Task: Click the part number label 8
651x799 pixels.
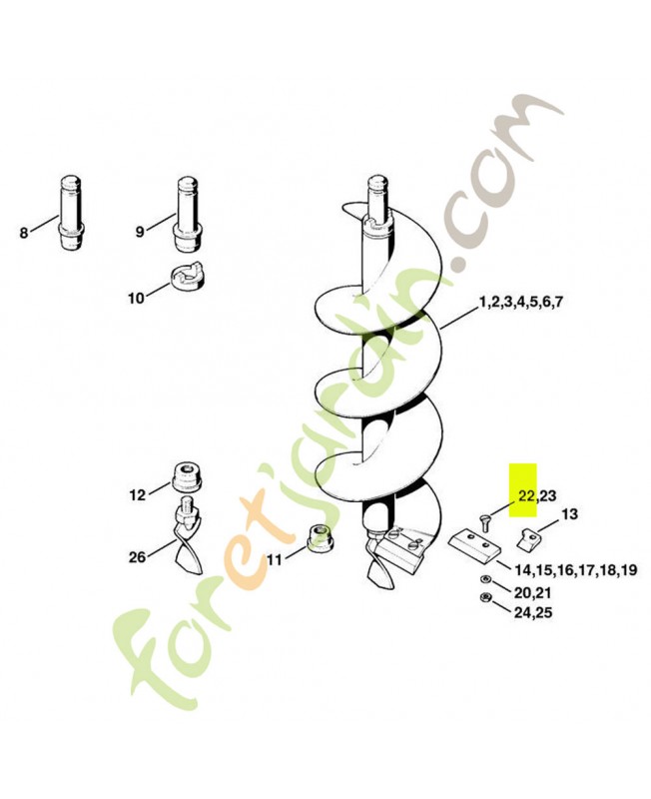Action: pyautogui.click(x=24, y=234)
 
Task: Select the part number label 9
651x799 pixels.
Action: pyautogui.click(x=140, y=232)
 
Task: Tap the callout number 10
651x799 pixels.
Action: pyautogui.click(x=136, y=298)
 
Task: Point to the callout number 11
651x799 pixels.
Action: pyautogui.click(x=274, y=560)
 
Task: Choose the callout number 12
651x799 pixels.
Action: pyautogui.click(x=137, y=494)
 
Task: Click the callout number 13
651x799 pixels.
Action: pyautogui.click(x=569, y=514)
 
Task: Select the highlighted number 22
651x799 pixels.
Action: pyautogui.click(x=526, y=495)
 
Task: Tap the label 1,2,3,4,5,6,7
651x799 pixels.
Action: pyautogui.click(x=520, y=303)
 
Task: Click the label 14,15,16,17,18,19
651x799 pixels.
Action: pyautogui.click(x=575, y=570)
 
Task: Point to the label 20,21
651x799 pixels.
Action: pyautogui.click(x=533, y=593)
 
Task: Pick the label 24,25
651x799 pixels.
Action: pyautogui.click(x=533, y=612)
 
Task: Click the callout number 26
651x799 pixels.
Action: pyautogui.click(x=137, y=557)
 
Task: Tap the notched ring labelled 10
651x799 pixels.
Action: pyautogui.click(x=186, y=276)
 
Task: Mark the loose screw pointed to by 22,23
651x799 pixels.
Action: pyautogui.click(x=483, y=521)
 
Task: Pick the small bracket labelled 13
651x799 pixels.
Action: pyautogui.click(x=525, y=538)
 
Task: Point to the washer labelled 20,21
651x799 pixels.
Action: pyautogui.click(x=483, y=580)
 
